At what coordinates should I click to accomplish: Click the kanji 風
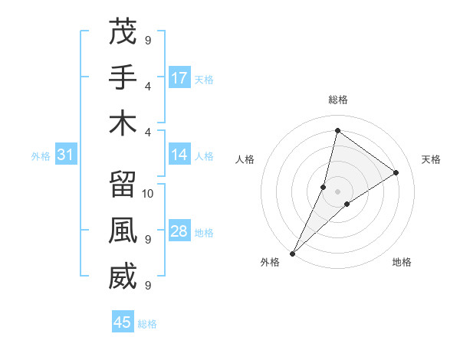pyautogui.click(x=123, y=231)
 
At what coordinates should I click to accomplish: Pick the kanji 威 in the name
pyautogui.click(x=123, y=277)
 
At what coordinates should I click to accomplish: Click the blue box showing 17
pyautogui.click(x=179, y=78)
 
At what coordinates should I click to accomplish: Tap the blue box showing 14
pyautogui.click(x=179, y=155)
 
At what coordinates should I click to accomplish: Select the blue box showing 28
pyautogui.click(x=179, y=232)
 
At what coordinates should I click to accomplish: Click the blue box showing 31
pyautogui.click(x=65, y=155)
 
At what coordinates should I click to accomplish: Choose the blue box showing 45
pyautogui.click(x=123, y=322)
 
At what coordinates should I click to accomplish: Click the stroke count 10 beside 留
pyautogui.click(x=148, y=193)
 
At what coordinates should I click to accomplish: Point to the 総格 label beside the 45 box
pyautogui.click(x=147, y=324)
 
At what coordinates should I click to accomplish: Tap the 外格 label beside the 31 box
pyautogui.click(x=41, y=156)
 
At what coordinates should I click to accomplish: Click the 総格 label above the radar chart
pyautogui.click(x=337, y=100)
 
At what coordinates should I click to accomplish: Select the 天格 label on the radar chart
pyautogui.click(x=431, y=159)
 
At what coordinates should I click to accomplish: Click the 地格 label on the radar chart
pyautogui.click(x=402, y=262)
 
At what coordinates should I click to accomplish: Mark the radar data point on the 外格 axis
pyautogui.click(x=292, y=253)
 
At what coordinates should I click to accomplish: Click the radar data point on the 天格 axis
pyautogui.click(x=396, y=172)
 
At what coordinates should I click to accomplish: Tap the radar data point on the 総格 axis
pyautogui.click(x=337, y=130)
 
